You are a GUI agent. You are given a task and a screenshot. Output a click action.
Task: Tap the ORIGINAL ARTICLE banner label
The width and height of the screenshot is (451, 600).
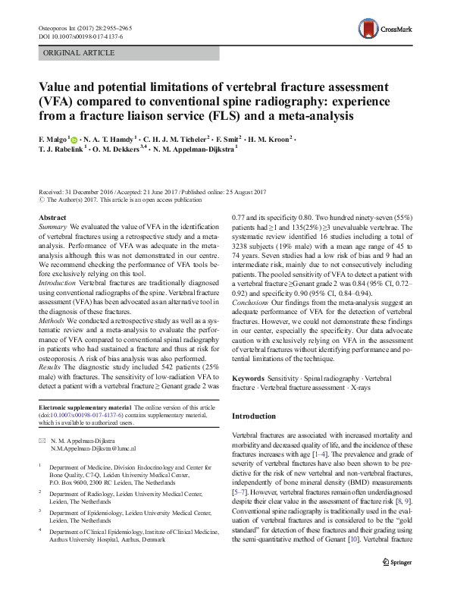80,52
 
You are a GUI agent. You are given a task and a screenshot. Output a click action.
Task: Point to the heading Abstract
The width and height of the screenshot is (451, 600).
52,217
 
